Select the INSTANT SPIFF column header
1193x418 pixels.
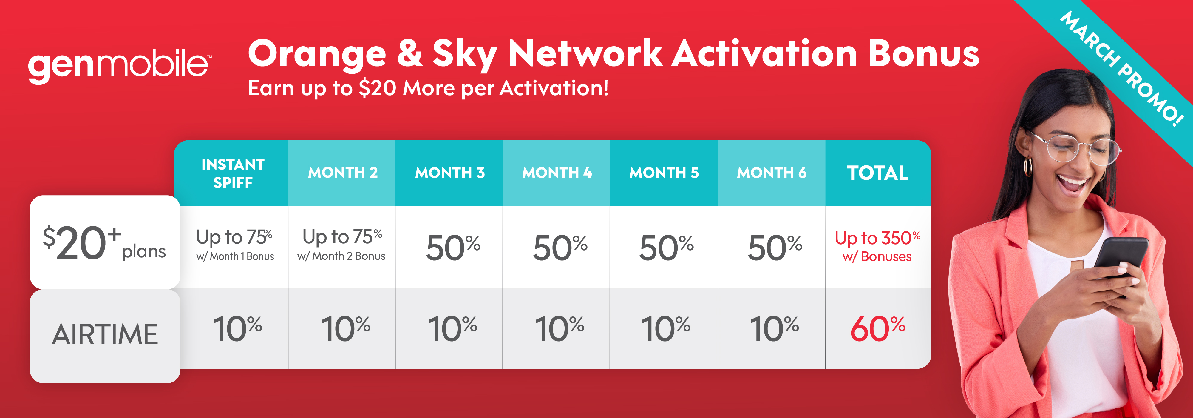click(x=233, y=173)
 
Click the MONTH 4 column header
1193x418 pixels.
click(x=557, y=173)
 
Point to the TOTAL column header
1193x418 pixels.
click(x=878, y=173)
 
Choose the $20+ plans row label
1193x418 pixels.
click(x=105, y=242)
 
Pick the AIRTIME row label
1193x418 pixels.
click(x=105, y=335)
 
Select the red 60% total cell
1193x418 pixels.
click(x=878, y=328)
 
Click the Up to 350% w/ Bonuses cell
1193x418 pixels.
click(x=878, y=246)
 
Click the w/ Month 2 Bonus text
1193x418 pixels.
click(x=341, y=256)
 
